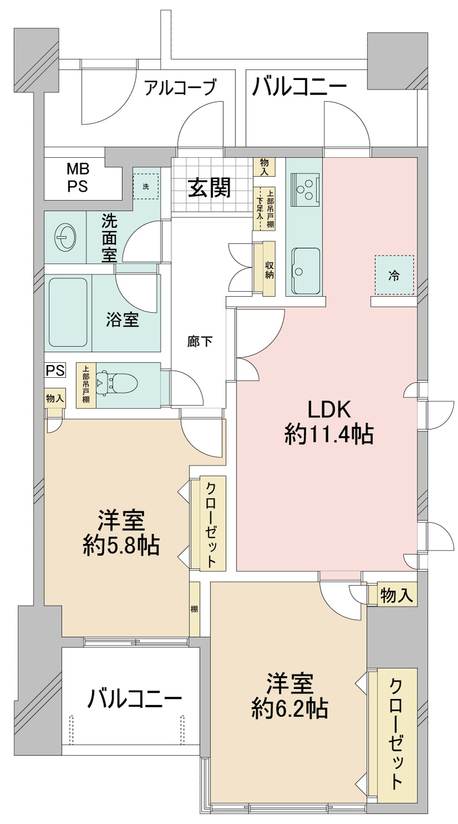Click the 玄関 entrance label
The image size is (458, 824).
coord(209,189)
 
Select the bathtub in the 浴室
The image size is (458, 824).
coord(68,312)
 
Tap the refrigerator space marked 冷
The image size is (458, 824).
coord(394,276)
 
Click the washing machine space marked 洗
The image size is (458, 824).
coord(146,187)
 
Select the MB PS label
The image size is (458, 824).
coord(78,178)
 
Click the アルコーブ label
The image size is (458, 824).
coord(180,88)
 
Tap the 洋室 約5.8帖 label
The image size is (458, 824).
coord(121,534)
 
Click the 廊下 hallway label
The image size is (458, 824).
coord(200,342)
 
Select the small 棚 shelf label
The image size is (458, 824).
coord(194,609)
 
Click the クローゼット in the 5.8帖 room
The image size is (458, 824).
coord(212,524)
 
